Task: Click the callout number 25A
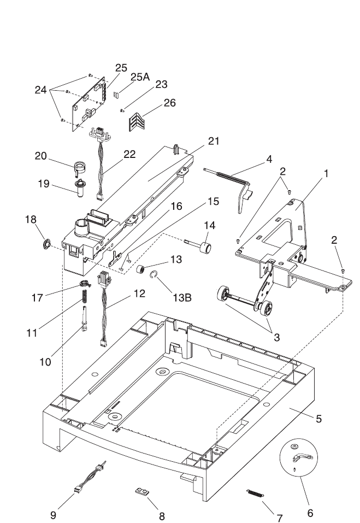click(140, 77)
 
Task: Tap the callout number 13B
click(182, 297)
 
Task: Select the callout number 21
click(214, 141)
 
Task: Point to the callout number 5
click(318, 419)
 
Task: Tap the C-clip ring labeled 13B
click(154, 275)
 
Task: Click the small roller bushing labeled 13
click(141, 269)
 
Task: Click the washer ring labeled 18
click(46, 244)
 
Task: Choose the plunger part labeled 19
click(80, 188)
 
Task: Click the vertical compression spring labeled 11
click(85, 297)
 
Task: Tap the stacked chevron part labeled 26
click(137, 122)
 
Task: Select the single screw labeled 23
click(122, 110)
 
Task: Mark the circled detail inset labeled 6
click(299, 457)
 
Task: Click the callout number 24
click(40, 90)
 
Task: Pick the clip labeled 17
click(85, 284)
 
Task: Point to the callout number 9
click(53, 515)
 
